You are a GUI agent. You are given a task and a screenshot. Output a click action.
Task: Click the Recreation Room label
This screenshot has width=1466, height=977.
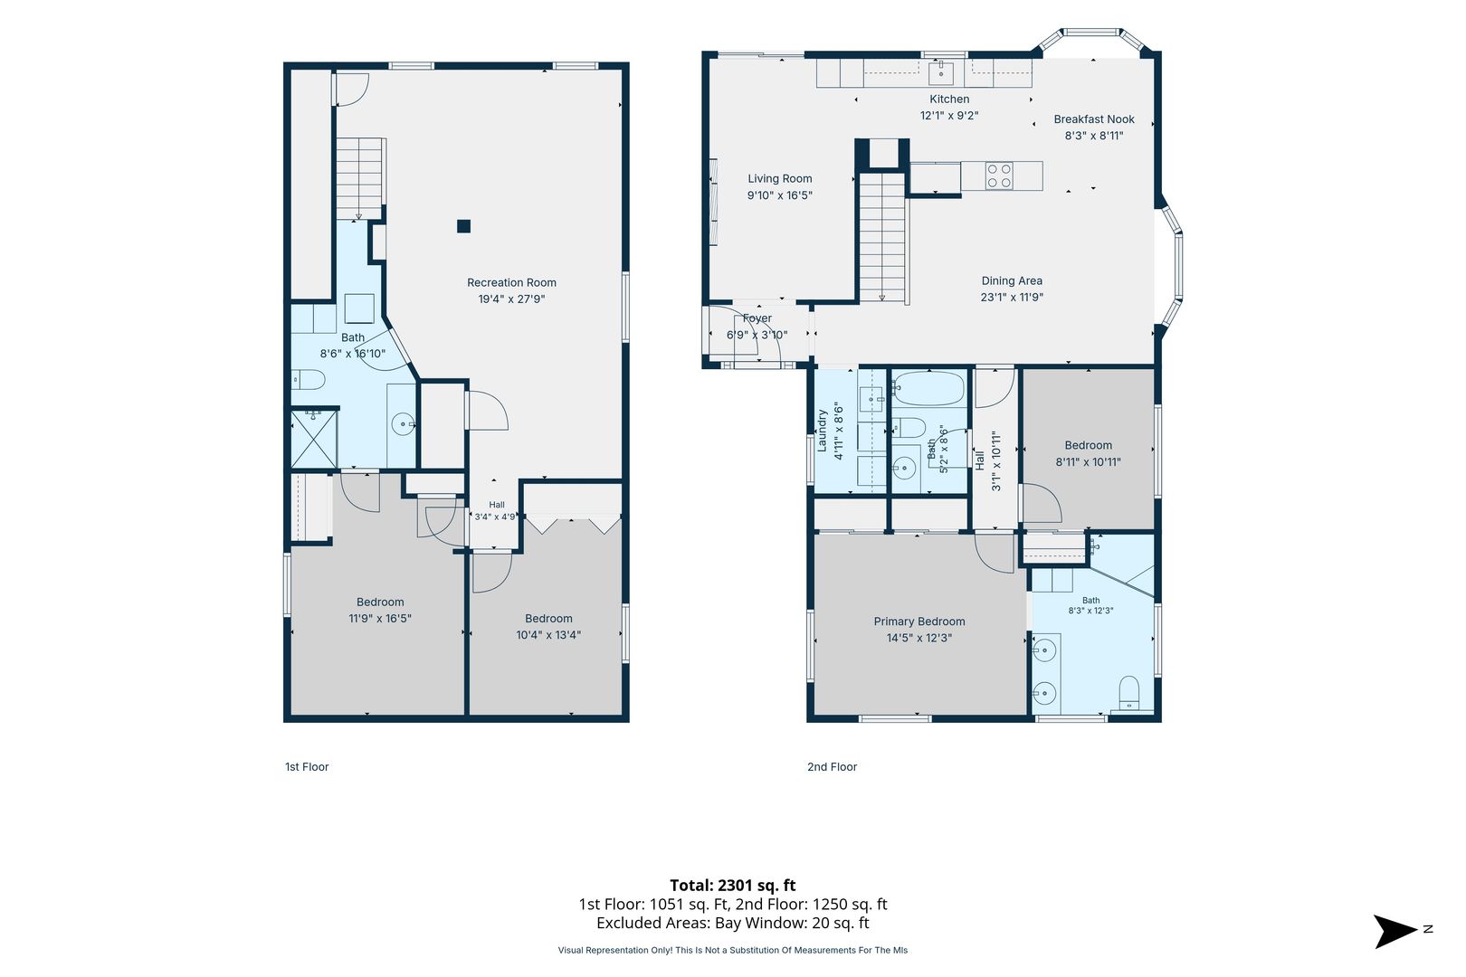511,282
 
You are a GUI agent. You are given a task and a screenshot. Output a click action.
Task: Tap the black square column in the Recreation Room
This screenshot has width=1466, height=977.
463,226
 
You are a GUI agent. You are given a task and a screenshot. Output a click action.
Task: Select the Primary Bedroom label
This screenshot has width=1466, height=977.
919,621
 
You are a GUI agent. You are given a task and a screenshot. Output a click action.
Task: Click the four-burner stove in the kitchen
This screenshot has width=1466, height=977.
999,175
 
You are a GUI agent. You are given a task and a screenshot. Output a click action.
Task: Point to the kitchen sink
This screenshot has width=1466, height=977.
941,72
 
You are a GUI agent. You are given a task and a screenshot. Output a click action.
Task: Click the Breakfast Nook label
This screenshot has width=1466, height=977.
1093,119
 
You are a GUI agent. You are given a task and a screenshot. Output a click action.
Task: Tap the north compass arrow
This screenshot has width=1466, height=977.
1396,931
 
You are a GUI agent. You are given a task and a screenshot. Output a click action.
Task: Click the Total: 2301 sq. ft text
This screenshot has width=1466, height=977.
732,886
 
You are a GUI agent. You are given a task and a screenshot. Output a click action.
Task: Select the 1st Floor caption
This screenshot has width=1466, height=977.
306,767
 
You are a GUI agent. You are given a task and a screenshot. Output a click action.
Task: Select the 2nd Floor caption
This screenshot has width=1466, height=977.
832,767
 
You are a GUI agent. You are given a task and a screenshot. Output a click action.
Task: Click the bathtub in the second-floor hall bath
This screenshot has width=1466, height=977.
929,389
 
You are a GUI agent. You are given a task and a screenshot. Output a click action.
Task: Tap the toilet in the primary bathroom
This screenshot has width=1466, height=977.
1129,693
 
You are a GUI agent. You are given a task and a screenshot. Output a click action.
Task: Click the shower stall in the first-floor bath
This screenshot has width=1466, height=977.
314,439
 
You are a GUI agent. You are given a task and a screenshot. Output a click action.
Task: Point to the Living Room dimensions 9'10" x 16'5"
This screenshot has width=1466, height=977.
779,195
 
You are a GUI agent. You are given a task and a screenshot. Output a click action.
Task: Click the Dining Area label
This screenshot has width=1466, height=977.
1012,280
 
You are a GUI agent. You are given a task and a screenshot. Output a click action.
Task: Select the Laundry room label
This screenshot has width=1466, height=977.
823,431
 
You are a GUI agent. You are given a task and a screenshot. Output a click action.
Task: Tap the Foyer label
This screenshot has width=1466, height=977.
757,318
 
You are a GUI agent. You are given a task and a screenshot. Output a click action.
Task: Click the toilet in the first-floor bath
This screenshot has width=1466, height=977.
309,380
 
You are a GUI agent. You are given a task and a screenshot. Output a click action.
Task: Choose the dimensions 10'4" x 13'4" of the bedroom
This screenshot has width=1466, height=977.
548,635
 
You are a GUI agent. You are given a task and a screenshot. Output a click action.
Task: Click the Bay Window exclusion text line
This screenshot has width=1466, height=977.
732,923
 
